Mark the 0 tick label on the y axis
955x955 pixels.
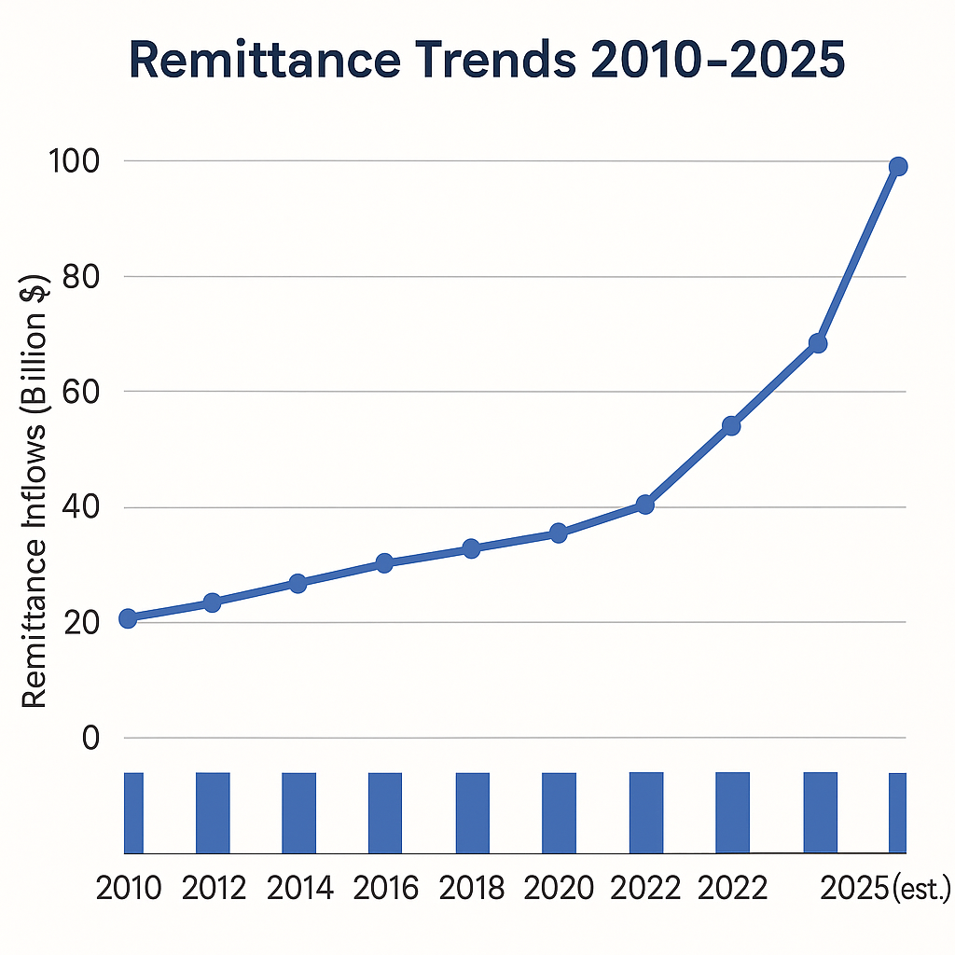pos(90,738)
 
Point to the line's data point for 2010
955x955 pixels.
pos(128,617)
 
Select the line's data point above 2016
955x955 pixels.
pos(384,562)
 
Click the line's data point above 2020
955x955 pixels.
pos(558,533)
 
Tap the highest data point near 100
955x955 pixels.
pos(898,167)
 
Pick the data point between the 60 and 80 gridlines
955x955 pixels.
pos(818,343)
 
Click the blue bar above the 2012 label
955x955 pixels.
pos(213,812)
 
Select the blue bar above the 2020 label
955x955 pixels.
pos(559,812)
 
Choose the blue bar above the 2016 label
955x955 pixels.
pos(385,812)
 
